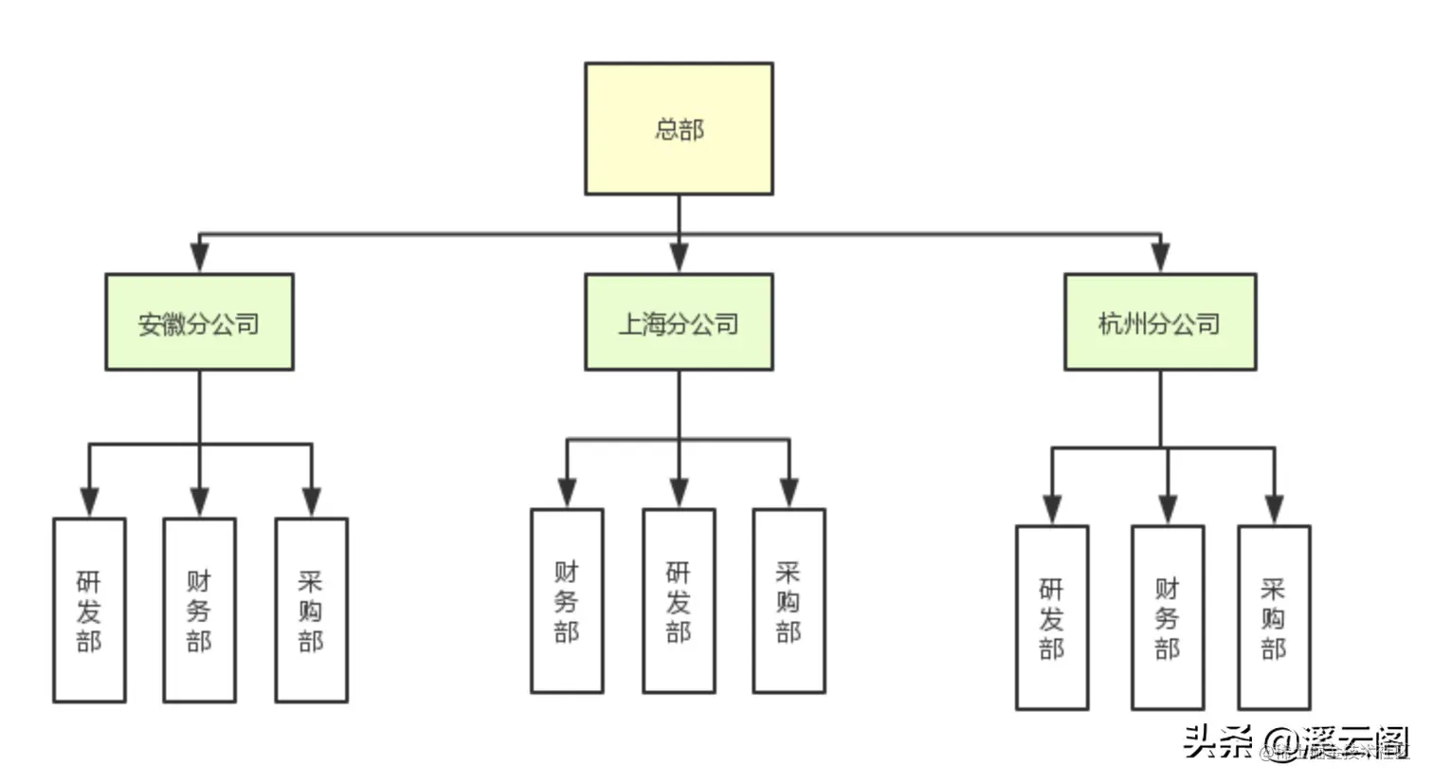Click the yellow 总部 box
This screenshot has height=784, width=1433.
click(x=679, y=129)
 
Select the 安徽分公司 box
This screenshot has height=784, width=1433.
click(x=199, y=322)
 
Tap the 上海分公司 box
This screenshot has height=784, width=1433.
click(x=679, y=322)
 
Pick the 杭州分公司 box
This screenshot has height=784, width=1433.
click(x=1160, y=322)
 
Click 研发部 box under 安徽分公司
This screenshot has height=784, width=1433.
click(x=89, y=611)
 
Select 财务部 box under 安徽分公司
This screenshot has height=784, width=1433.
click(x=199, y=611)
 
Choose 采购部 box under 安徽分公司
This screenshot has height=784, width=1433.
click(x=311, y=611)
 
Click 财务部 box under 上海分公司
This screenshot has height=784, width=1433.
click(x=567, y=601)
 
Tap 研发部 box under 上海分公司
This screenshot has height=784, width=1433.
click(x=679, y=601)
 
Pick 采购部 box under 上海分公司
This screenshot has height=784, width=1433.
click(x=789, y=601)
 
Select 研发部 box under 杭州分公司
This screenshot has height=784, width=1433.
click(x=1052, y=618)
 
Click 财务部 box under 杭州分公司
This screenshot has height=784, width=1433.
click(x=1168, y=618)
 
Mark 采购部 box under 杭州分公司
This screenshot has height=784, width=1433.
click(x=1274, y=618)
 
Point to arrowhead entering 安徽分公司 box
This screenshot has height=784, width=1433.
click(x=199, y=258)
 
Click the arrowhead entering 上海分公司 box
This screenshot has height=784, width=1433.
click(x=679, y=258)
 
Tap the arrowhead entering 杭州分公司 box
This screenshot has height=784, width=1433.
click(x=1160, y=258)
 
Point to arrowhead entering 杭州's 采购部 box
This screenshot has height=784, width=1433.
click(x=1274, y=509)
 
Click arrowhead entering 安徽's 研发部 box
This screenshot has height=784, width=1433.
click(x=89, y=501)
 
